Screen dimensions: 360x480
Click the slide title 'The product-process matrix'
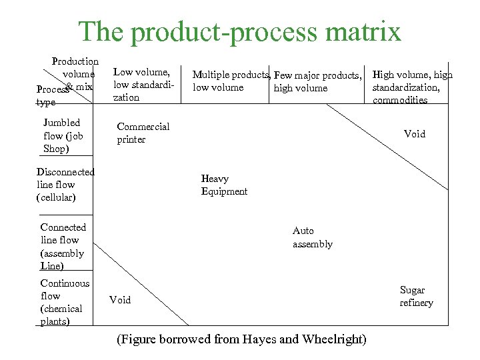click(240, 31)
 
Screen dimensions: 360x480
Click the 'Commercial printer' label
click(143, 133)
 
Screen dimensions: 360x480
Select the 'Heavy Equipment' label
click(224, 185)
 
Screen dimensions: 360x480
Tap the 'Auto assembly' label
click(312, 237)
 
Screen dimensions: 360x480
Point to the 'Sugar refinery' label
click(416, 296)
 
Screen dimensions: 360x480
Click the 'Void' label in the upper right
click(414, 134)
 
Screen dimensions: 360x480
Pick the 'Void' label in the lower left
click(120, 300)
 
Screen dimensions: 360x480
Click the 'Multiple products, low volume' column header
click(231, 81)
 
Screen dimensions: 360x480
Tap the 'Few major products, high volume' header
click(317, 81)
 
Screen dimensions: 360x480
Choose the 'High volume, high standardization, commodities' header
click(411, 87)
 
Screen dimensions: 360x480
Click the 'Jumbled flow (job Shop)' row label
click(63, 135)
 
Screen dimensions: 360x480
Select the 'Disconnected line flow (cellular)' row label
click(65, 185)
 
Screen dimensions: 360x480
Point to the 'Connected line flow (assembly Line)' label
click(62, 247)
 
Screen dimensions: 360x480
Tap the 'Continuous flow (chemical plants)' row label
click(64, 302)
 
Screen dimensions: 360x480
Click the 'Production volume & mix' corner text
click(76, 73)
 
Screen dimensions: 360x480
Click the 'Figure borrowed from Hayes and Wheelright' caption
click(241, 339)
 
